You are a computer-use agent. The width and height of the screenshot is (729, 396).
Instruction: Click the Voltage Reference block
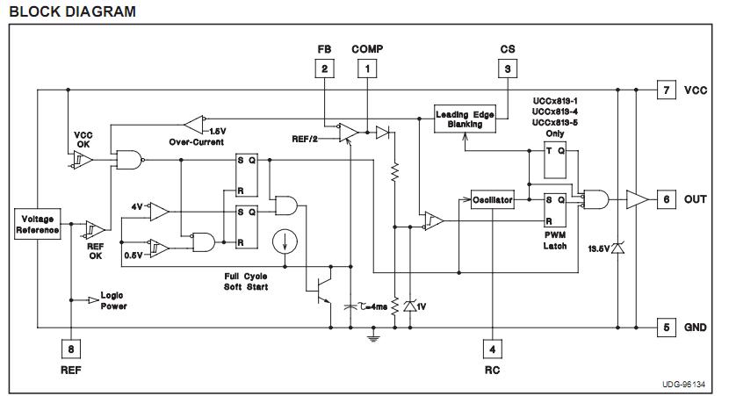(x=37, y=224)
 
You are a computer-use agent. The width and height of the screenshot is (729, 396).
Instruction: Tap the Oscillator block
(x=492, y=200)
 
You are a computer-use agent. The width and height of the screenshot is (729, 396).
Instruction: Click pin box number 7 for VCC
(x=666, y=90)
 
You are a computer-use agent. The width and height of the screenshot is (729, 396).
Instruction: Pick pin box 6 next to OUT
(x=666, y=199)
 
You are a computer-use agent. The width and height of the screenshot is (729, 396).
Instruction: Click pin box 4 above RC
(x=492, y=349)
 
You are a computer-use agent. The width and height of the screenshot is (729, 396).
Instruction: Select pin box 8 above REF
(x=69, y=349)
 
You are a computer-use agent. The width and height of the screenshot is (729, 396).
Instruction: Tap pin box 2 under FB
(x=325, y=68)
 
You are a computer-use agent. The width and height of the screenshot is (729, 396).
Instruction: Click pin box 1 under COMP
(x=367, y=68)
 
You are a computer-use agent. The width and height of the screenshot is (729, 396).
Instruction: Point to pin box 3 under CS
(x=507, y=68)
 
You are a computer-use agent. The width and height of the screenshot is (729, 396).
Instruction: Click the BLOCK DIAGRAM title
(x=73, y=11)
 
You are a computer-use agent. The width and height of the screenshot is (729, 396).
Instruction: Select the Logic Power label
(x=113, y=301)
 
